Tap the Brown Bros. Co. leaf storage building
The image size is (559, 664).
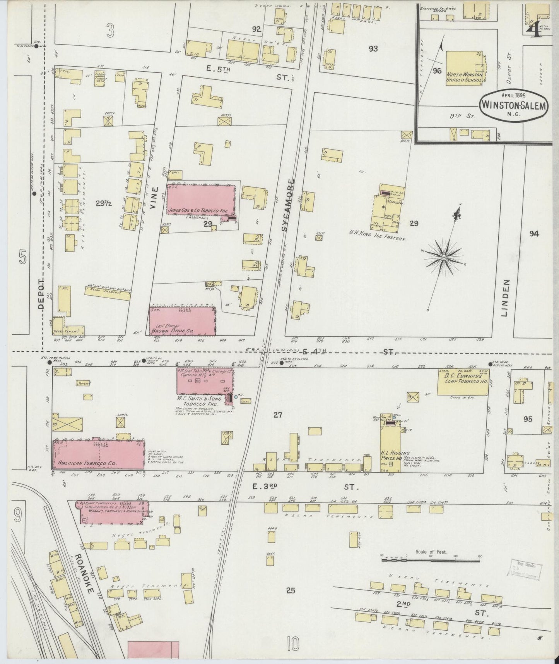click(x=182, y=322)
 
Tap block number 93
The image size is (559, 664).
click(x=373, y=49)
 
